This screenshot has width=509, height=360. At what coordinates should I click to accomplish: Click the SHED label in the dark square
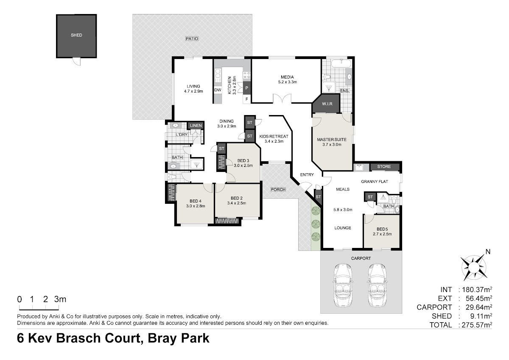[x=76, y=35]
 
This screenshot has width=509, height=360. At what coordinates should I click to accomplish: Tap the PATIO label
[x=192, y=39]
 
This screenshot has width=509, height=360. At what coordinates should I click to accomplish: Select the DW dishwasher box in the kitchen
[x=218, y=90]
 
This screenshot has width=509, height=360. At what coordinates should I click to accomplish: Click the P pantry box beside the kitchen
[x=247, y=88]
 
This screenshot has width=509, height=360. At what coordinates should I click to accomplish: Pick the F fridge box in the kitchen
[x=247, y=99]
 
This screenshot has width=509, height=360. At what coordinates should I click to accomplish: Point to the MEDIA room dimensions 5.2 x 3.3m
[x=288, y=82]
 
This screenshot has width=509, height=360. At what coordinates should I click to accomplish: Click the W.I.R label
[x=327, y=104]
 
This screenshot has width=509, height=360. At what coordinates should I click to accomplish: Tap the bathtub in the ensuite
[x=341, y=63]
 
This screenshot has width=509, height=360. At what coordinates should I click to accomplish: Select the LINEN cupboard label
[x=196, y=126]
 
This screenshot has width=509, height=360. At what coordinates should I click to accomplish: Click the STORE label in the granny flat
[x=384, y=166]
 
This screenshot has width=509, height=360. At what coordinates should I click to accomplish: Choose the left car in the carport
[x=343, y=285]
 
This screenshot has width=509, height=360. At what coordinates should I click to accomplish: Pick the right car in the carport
[x=377, y=285]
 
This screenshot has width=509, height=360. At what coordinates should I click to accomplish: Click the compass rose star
[x=474, y=268]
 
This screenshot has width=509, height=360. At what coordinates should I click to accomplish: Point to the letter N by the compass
[x=488, y=252]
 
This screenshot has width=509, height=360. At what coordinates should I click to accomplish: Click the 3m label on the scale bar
[x=60, y=299]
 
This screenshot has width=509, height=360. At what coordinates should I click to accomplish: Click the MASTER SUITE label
[x=332, y=140]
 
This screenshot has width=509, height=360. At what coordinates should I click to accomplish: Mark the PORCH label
[x=278, y=189]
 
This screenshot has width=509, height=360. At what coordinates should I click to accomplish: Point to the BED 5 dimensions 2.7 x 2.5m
[x=382, y=234]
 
